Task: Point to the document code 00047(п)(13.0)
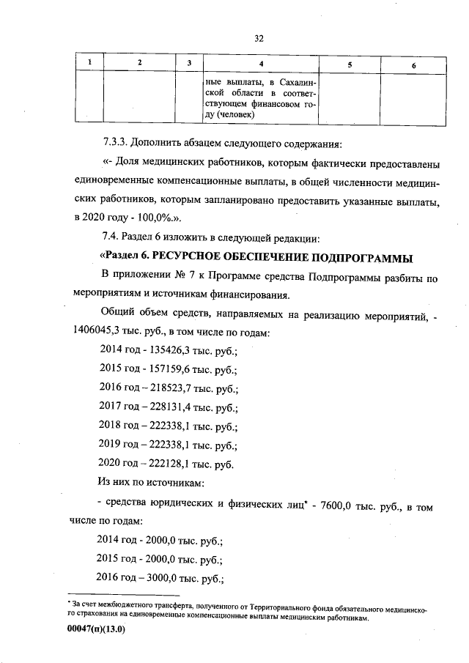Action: tap(96, 637)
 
